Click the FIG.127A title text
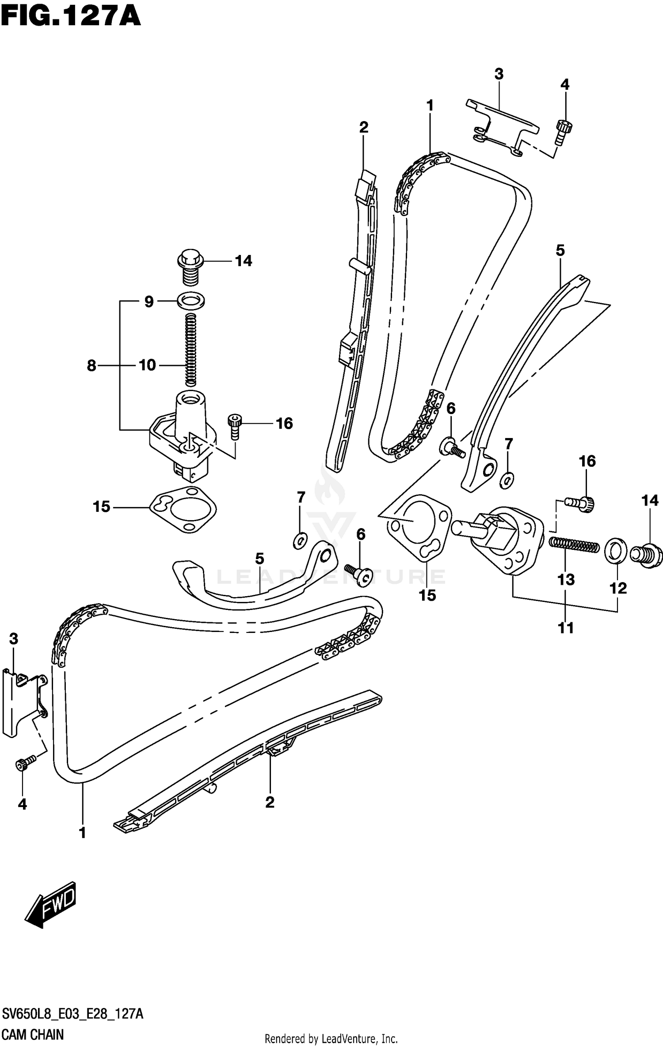pyautogui.click(x=71, y=18)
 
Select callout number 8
pyautogui.click(x=91, y=365)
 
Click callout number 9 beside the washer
pyautogui.click(x=149, y=301)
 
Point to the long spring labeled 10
pyautogui.click(x=191, y=349)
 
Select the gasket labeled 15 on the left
pyautogui.click(x=183, y=510)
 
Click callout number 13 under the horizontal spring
pyautogui.click(x=566, y=579)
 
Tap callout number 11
pyautogui.click(x=566, y=628)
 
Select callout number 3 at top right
pyautogui.click(x=499, y=74)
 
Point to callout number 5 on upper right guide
pyautogui.click(x=560, y=251)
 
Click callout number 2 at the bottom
pyautogui.click(x=270, y=802)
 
